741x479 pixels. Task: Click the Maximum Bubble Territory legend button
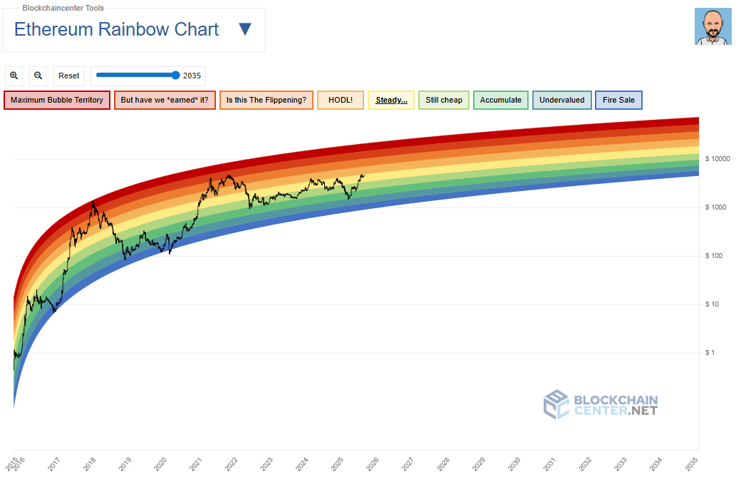coord(57,100)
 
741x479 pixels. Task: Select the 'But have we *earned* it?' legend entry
coord(165,100)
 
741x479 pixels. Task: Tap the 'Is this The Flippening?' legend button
coord(266,100)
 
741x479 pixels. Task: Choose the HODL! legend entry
coord(341,100)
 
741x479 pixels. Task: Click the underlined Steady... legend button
coord(391,100)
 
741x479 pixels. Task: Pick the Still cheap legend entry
coord(444,100)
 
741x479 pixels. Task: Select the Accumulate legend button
coord(501,100)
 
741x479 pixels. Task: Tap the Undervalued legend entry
coord(561,100)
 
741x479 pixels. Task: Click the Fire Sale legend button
coord(618,100)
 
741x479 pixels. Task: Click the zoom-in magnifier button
coord(15,76)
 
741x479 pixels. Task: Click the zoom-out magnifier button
coord(38,76)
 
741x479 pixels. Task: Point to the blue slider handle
coord(176,75)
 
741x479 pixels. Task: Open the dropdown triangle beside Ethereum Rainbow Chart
coord(244,29)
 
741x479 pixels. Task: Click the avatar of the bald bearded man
coord(712,27)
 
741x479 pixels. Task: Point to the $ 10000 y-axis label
coord(718,159)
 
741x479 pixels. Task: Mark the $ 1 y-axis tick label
coord(710,353)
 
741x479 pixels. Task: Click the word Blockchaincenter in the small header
coord(51,8)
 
